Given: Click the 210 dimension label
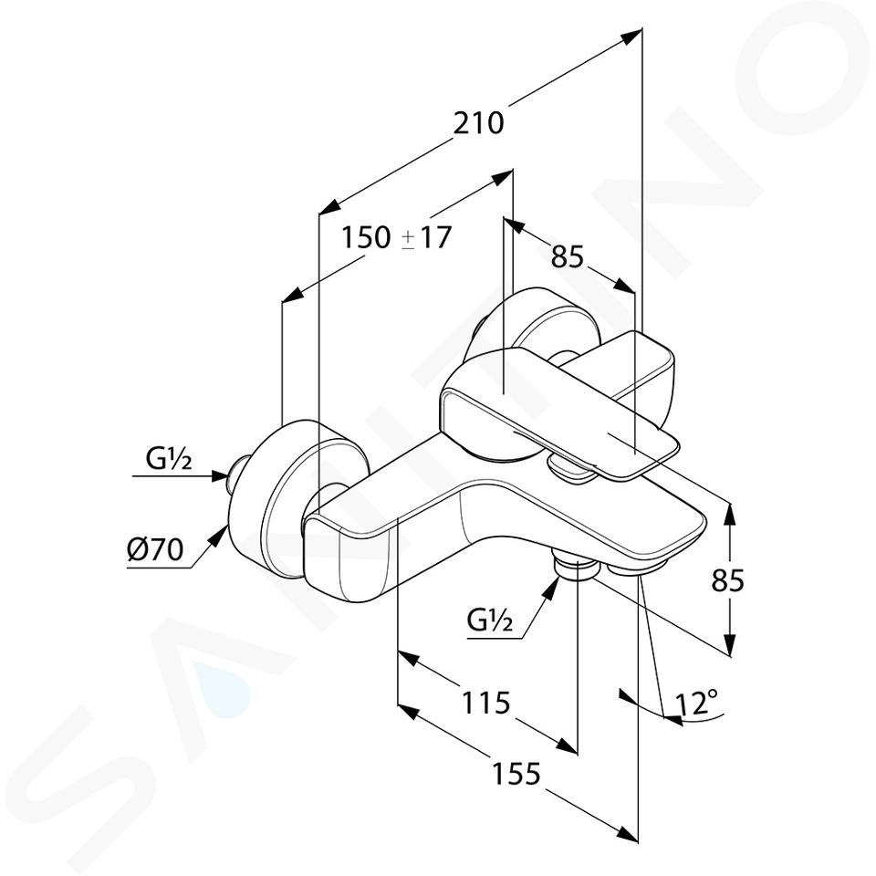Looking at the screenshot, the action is pos(477,123).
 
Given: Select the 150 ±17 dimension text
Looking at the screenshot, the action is pos(395,237).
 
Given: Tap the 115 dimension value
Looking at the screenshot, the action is pos(485,702).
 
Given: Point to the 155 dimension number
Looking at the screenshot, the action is pos(516,774).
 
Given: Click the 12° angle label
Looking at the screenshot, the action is pos(696,703).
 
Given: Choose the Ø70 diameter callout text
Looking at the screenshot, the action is pos(155,550).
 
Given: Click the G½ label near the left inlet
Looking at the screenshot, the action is pos(169,459).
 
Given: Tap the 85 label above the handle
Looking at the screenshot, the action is pos(567,257).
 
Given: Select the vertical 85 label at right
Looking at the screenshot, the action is pos(728,580).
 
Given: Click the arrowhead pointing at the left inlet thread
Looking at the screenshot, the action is pos(220,476).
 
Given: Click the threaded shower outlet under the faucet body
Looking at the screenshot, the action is pos(576,568).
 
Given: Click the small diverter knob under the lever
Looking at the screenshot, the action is pos(569,468).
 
